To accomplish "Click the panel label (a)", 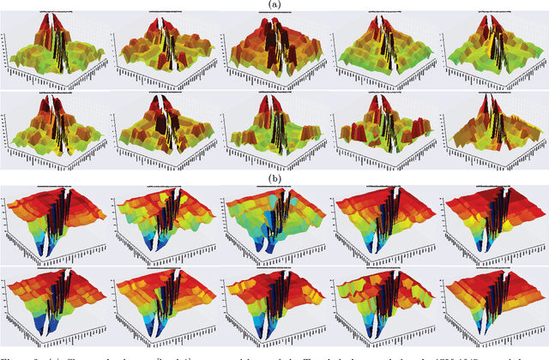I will click(274, 4).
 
